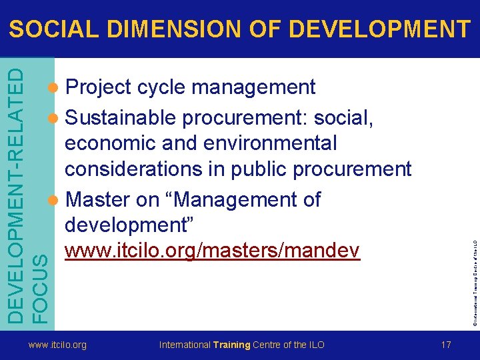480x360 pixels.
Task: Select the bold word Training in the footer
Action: [231, 345]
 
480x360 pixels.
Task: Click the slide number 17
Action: [446, 345]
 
